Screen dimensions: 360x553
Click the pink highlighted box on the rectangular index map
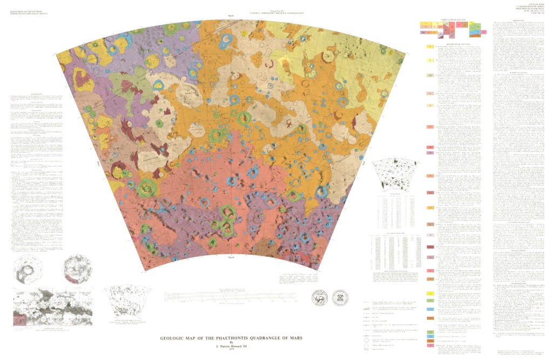tap(22, 320)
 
